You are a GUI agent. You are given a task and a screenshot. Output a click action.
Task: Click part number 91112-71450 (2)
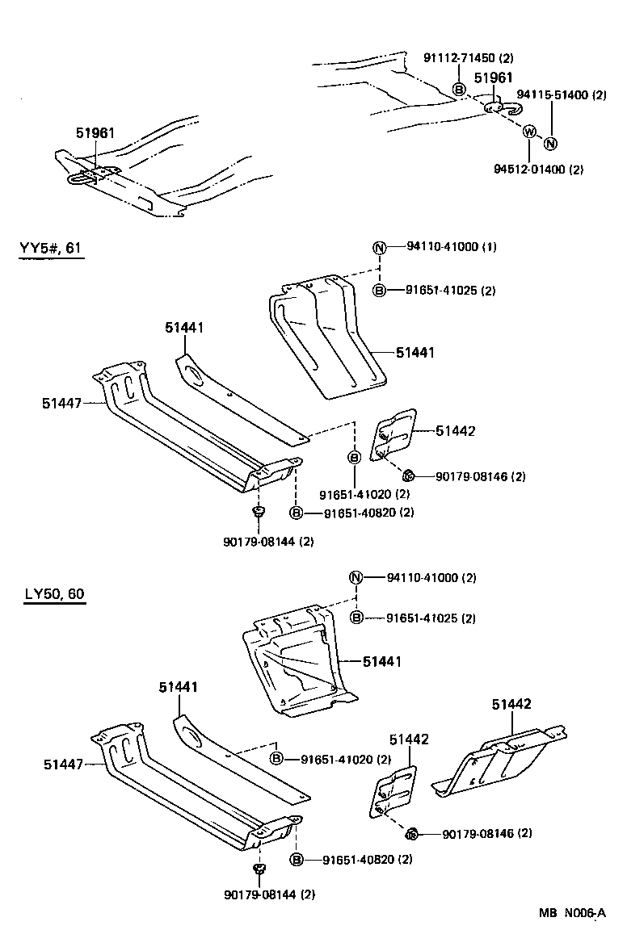tap(469, 58)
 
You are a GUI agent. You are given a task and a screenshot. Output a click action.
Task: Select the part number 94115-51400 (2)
tap(561, 95)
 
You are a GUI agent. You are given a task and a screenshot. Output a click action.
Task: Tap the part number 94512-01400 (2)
tap(538, 169)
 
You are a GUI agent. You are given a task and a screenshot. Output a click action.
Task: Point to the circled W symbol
tap(529, 132)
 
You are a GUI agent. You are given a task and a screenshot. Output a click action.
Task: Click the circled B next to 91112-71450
tap(458, 89)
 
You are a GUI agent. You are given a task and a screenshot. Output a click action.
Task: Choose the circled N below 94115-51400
tap(550, 144)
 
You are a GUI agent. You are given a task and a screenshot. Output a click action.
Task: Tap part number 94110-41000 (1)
tap(446, 247)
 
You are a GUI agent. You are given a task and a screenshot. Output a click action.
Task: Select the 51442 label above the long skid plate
tap(511, 704)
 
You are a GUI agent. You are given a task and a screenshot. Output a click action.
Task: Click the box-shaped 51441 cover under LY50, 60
tap(295, 662)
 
